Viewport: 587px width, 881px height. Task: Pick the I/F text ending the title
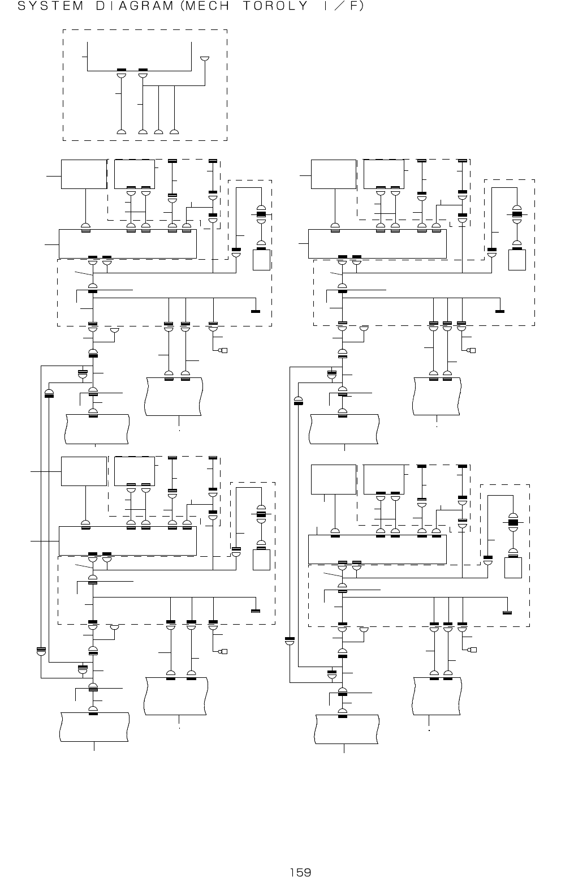coord(342,6)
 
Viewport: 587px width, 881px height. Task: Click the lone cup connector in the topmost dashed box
coord(205,59)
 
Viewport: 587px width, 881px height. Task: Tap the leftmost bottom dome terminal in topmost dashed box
coord(121,132)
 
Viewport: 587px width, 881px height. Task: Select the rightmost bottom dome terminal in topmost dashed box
coord(174,132)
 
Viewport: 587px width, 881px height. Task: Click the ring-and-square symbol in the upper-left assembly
coord(223,351)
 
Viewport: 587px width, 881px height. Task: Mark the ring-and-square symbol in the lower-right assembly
coord(472,650)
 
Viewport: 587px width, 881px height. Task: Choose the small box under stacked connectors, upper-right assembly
coord(517,260)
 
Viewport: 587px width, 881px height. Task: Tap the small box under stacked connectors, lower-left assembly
coord(261,560)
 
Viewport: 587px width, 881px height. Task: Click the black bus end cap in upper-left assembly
coord(256,311)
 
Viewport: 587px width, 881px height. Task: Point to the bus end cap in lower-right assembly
coord(507,612)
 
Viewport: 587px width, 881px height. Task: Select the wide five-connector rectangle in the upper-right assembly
coord(377,244)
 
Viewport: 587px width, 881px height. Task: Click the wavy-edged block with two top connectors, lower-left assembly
coord(176,697)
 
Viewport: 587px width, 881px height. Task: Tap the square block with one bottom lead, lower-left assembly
coord(84,471)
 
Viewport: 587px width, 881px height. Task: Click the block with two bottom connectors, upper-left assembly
coord(135,174)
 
